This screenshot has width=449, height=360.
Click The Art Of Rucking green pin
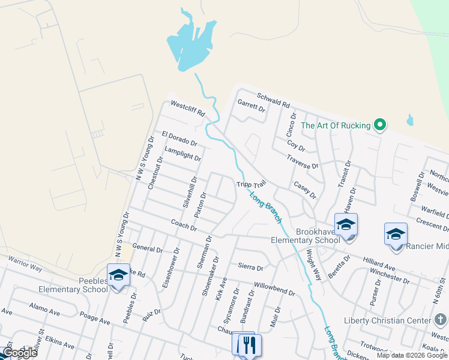click(x=379, y=125)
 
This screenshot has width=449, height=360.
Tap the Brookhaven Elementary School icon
click(x=346, y=225)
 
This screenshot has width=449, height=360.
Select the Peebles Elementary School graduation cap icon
click(x=118, y=275)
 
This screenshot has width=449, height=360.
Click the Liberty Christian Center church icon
click(x=440, y=320)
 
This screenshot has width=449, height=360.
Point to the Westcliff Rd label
click(x=188, y=108)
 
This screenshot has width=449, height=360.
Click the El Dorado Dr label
click(x=179, y=139)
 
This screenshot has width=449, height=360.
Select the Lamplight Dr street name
click(x=182, y=154)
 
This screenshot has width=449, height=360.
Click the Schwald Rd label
click(x=273, y=99)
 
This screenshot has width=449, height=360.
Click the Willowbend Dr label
click(x=274, y=289)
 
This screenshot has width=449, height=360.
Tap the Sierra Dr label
click(x=250, y=267)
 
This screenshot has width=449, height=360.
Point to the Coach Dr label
click(x=184, y=225)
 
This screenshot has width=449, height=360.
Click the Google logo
click(x=20, y=353)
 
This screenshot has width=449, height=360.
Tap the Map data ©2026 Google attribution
click(x=411, y=355)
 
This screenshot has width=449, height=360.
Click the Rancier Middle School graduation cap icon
click(x=396, y=235)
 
